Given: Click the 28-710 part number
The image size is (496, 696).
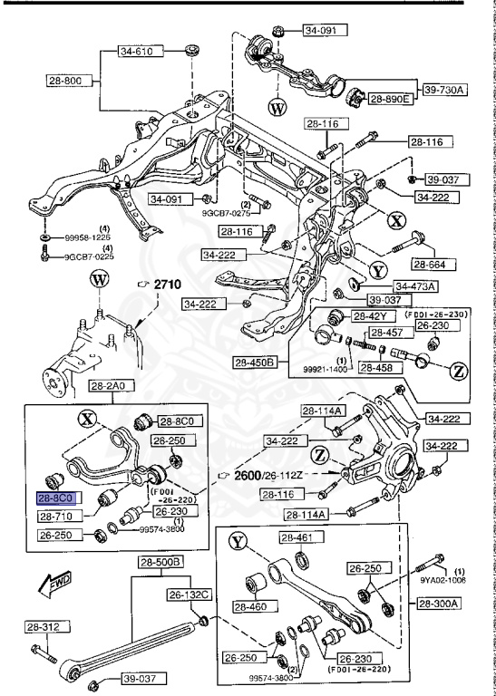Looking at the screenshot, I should click(60, 516).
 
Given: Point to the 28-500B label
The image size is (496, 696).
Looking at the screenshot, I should click(160, 563).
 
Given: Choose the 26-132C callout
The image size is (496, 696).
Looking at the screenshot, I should click(189, 594).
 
